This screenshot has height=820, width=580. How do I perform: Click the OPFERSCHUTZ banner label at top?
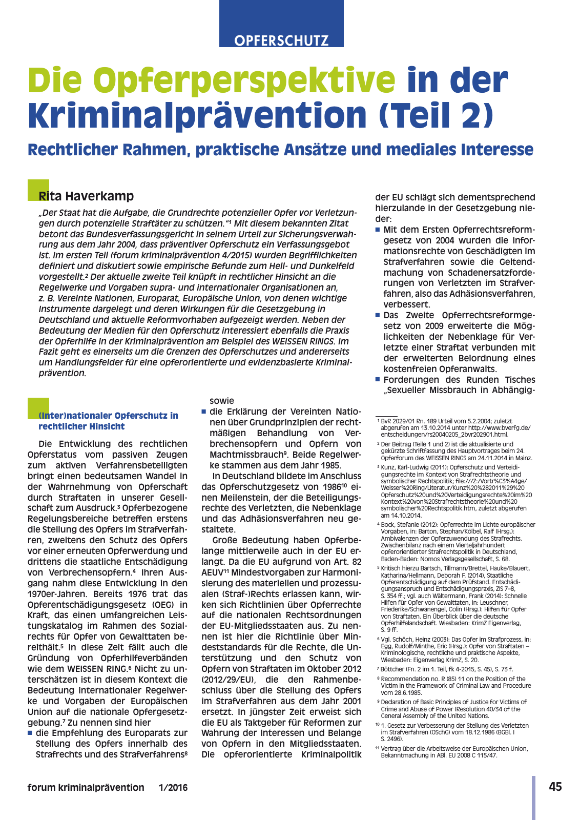point(281,40)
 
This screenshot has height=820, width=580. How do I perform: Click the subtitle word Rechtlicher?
point(71,150)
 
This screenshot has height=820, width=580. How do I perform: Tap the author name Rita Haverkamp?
point(86,196)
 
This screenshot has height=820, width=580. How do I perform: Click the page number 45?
point(555,787)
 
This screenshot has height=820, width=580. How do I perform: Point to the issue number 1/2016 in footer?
point(173,787)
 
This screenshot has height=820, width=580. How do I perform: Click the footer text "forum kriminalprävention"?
point(86,787)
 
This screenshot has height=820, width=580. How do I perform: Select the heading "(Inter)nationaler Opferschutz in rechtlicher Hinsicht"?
point(108,421)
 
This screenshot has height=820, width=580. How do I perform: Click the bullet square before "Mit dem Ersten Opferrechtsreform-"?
point(378,230)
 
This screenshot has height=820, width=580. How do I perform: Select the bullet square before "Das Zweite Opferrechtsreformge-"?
point(378,316)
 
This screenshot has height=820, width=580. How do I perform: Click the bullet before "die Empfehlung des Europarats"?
point(30,733)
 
